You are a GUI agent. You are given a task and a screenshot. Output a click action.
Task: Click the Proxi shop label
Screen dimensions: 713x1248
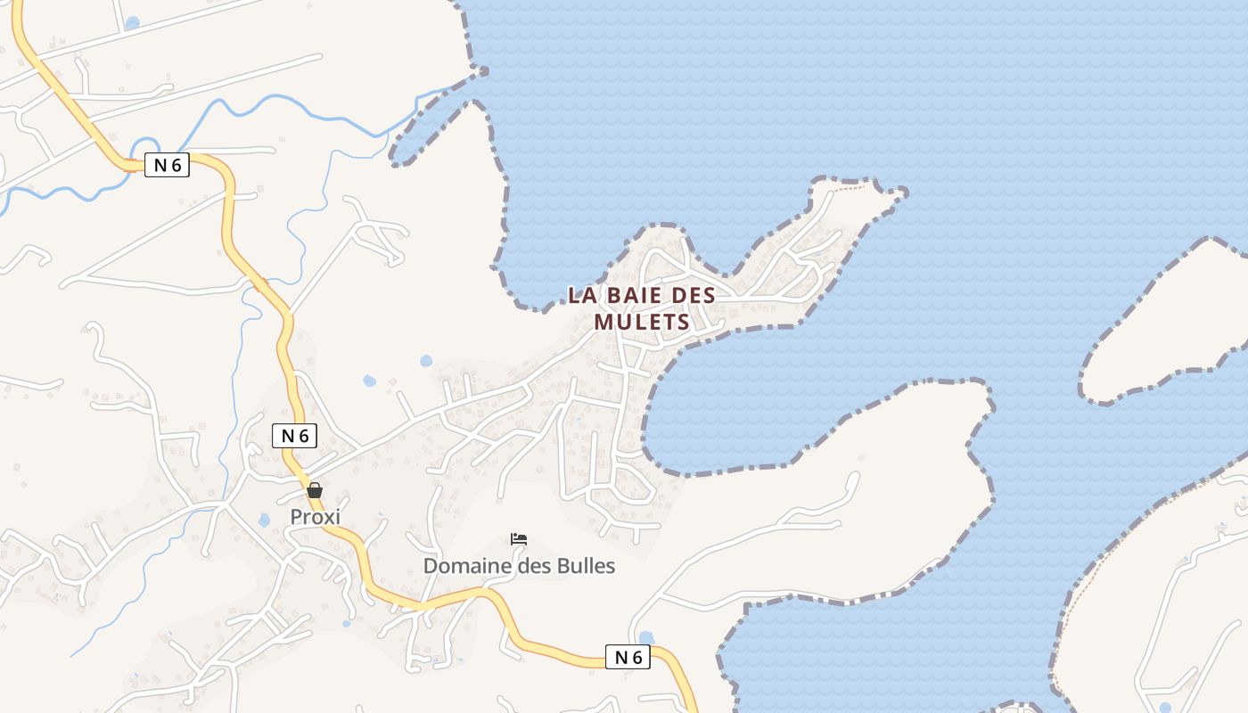point(315,517)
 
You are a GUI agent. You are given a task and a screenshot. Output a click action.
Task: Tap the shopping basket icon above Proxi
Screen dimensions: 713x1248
point(314,490)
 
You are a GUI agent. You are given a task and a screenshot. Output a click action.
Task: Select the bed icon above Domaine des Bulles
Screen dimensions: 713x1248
point(519,539)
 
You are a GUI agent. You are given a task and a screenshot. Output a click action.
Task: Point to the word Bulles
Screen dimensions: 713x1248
point(586,566)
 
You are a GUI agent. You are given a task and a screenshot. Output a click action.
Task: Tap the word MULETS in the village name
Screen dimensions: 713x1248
point(642,322)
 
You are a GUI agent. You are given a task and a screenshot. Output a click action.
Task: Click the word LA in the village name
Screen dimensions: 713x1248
point(580,295)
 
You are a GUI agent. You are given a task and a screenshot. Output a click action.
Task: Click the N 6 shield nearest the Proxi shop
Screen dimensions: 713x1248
point(294,436)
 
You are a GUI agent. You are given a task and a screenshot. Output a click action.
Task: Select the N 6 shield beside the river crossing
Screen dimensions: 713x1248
point(167,165)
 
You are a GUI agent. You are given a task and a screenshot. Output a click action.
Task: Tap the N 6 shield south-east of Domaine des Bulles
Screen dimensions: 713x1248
point(628,658)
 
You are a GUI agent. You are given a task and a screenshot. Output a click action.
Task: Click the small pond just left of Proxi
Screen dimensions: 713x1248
point(264,520)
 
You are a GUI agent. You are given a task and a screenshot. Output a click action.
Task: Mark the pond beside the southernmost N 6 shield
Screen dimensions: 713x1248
point(646,638)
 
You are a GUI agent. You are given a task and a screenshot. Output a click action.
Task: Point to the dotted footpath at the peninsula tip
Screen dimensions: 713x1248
point(851,187)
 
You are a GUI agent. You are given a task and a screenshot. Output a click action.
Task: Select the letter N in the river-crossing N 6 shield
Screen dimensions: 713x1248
point(160,165)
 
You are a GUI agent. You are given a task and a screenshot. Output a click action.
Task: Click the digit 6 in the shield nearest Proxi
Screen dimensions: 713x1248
point(303,436)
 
